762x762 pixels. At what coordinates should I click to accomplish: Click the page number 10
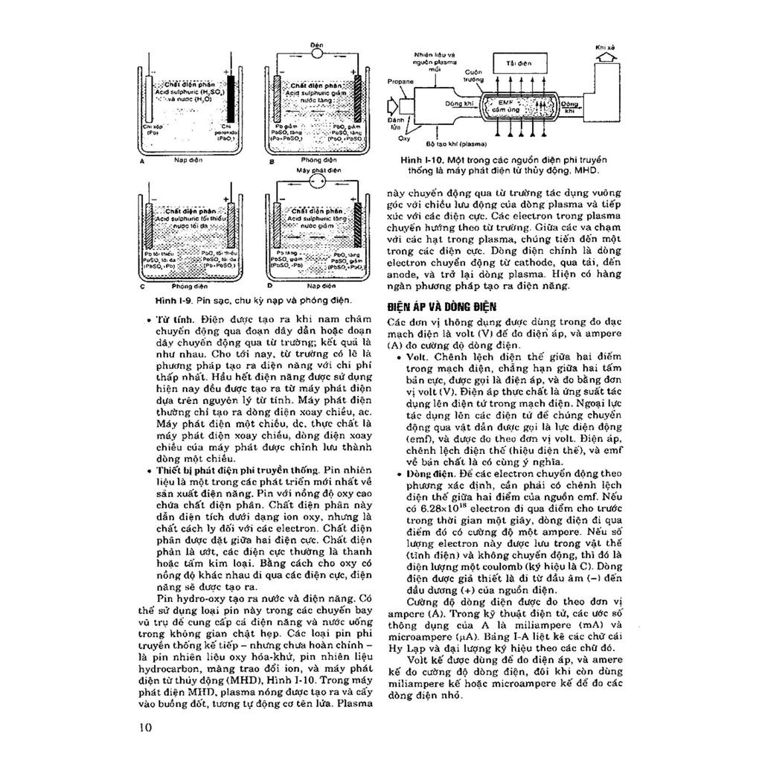coord(145,727)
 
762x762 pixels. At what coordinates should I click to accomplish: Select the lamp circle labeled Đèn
coord(316,54)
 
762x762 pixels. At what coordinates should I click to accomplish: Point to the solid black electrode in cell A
coord(231,100)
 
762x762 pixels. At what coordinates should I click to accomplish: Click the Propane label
coord(401,79)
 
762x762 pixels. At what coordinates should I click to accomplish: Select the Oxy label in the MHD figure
coord(404,138)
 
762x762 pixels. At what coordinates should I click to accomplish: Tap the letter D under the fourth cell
coord(269,284)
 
